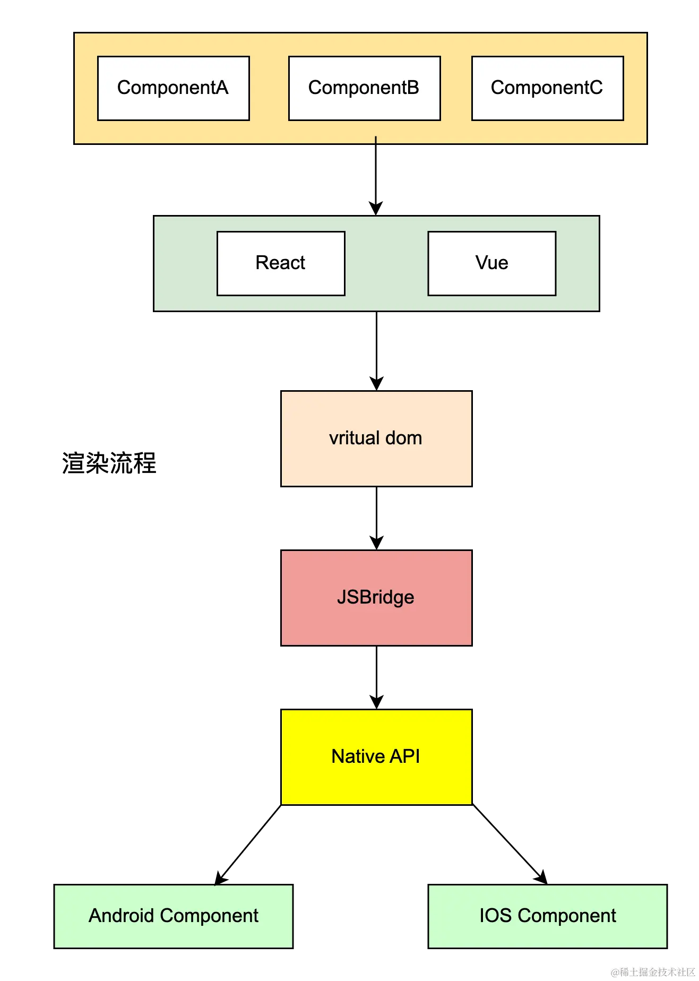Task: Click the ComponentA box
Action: [173, 88]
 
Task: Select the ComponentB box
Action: [364, 88]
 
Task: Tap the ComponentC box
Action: [547, 88]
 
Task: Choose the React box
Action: [281, 263]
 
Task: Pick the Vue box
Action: [491, 263]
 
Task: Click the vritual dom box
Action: [376, 438]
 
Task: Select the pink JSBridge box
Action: [376, 598]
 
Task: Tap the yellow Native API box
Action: [376, 757]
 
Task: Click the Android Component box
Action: [173, 916]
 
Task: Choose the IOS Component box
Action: [547, 916]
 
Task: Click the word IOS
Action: [495, 916]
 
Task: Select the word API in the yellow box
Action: [405, 756]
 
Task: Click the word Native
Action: [358, 756]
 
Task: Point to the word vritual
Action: [353, 438]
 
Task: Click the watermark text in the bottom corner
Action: [652, 971]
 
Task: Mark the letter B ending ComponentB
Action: [412, 88]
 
